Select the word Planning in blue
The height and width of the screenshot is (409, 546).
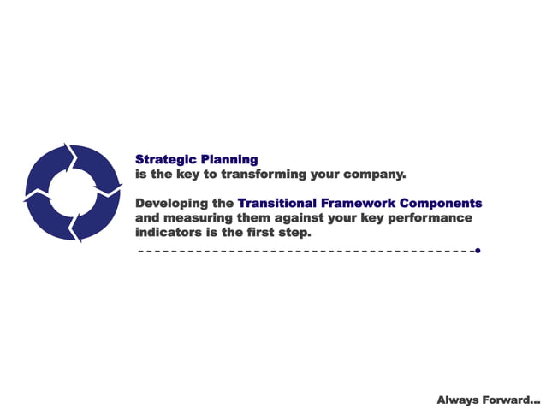[x=228, y=159]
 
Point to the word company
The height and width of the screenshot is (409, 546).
[x=373, y=174]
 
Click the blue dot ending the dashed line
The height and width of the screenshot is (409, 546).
[x=478, y=251]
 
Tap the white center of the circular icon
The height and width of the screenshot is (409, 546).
[x=72, y=193]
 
